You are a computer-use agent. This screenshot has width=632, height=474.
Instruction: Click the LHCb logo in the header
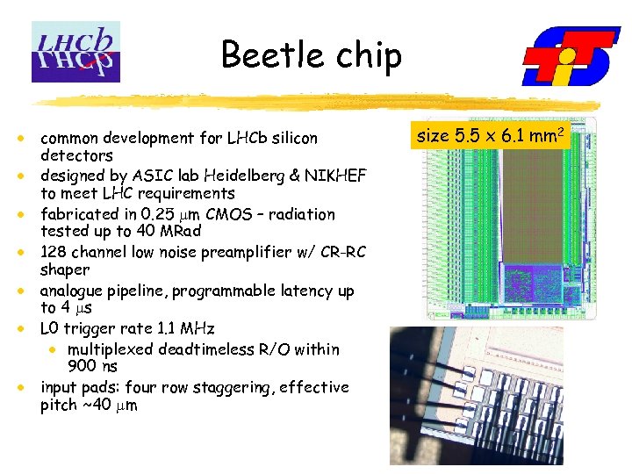click(75, 52)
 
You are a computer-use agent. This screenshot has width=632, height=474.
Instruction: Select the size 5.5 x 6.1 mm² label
click(490, 136)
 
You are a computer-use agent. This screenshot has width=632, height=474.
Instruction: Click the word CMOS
click(225, 214)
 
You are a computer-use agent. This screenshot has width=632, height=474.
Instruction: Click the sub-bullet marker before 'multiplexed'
click(54, 349)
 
